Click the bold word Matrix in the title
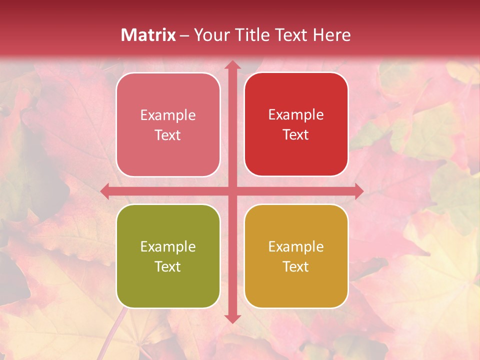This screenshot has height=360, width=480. pos(149,35)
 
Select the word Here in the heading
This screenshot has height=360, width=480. pos(332,35)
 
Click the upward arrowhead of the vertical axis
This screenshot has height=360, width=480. pos(232,65)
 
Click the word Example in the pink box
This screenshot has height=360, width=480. pos(168,115)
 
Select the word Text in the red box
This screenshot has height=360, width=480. pos(296,135)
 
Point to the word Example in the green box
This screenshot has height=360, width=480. pos(168,247)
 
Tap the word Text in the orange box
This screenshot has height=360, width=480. pos(296,267)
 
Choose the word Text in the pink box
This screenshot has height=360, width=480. pos(168,135)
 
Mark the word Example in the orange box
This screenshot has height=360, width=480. pos(296,247)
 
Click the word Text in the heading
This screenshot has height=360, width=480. pos(295,35)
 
